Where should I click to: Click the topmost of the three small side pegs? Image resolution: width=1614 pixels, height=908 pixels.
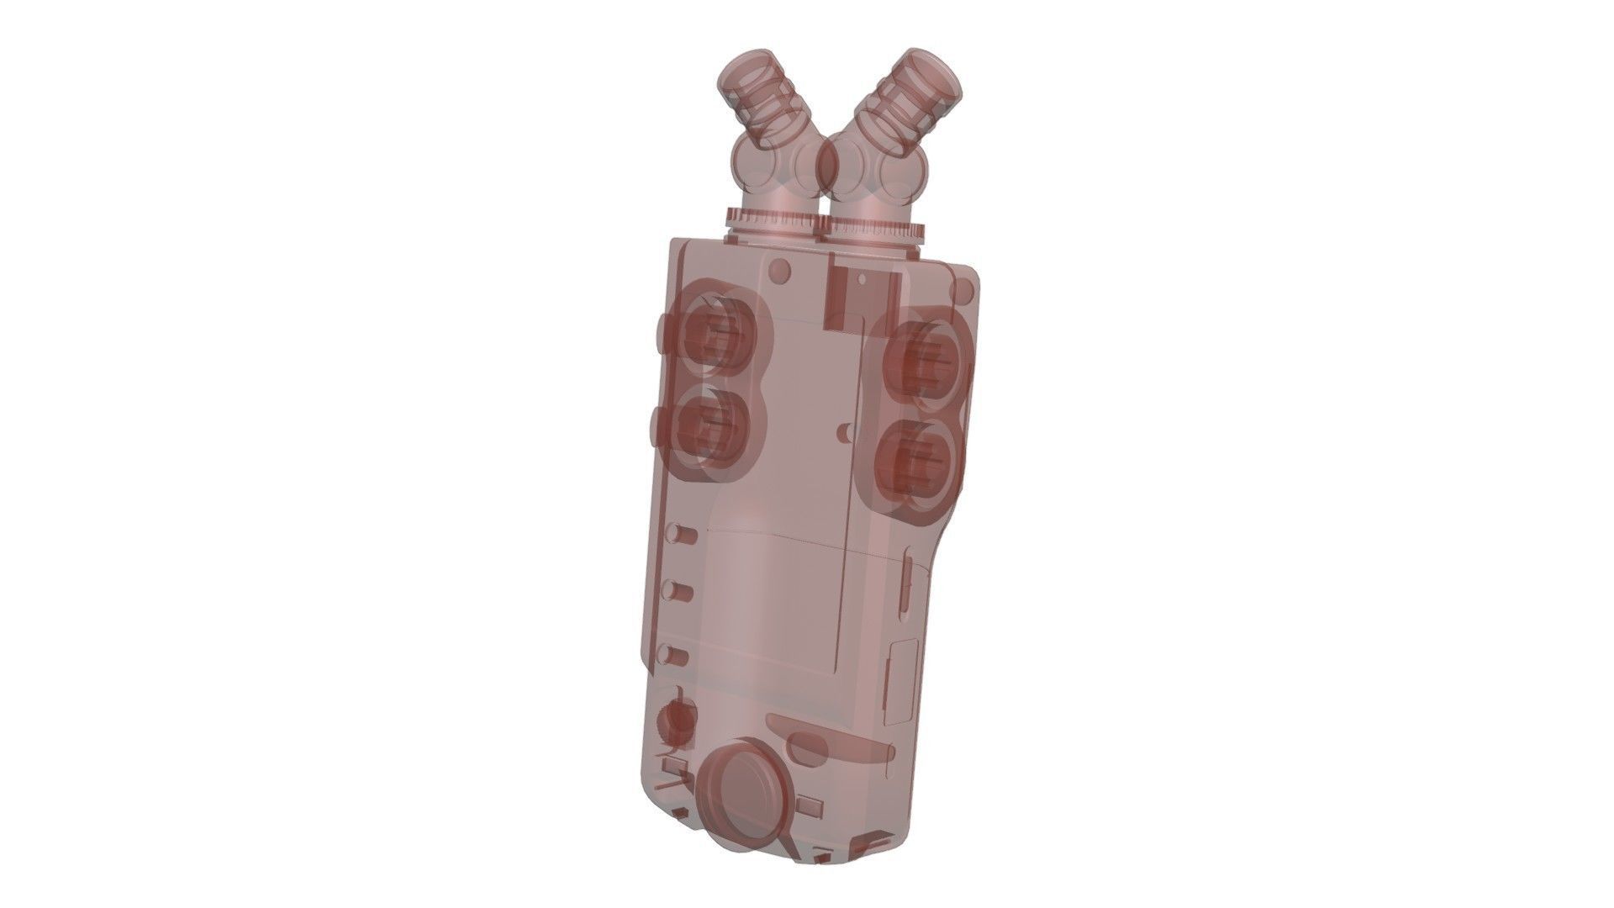[x=679, y=536]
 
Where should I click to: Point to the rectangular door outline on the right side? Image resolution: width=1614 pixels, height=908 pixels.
[x=902, y=681]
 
